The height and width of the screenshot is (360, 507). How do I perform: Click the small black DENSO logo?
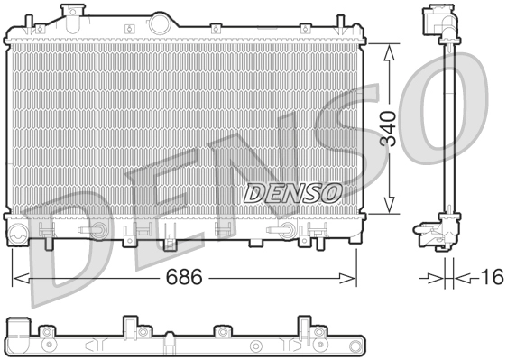(x=291, y=191)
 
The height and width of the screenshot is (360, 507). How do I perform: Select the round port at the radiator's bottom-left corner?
(x=19, y=236)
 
